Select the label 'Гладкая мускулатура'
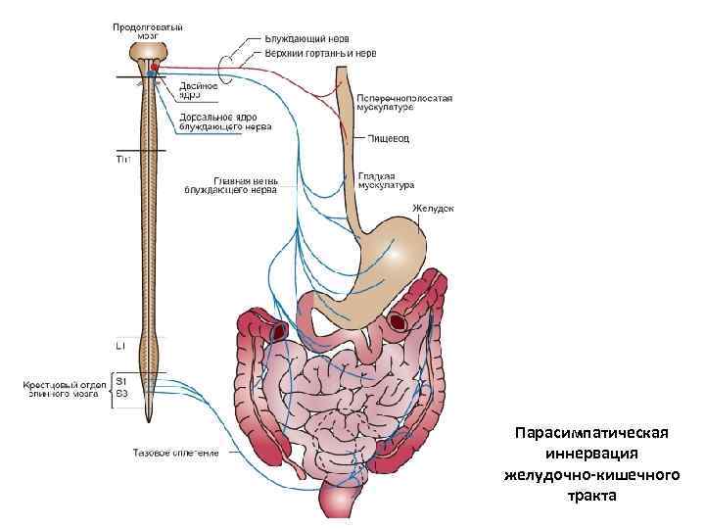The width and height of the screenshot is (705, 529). click(x=386, y=179)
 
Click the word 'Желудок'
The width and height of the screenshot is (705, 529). click(x=433, y=208)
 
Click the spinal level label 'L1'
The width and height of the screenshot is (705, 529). click(x=120, y=346)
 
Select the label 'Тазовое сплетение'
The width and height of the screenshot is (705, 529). click(x=176, y=453)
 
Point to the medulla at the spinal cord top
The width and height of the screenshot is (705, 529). click(x=151, y=54)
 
